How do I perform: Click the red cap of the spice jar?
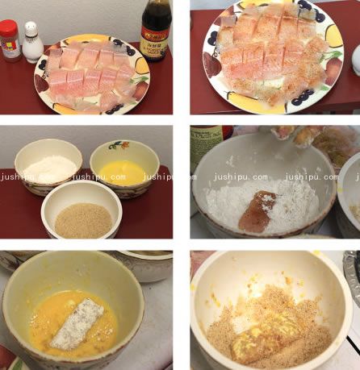(x=10, y=27)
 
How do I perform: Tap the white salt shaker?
(x=32, y=42)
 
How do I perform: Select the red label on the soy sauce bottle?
(x=154, y=42)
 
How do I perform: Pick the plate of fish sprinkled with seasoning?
(x=272, y=60)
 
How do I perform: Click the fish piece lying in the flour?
(x=257, y=208)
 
